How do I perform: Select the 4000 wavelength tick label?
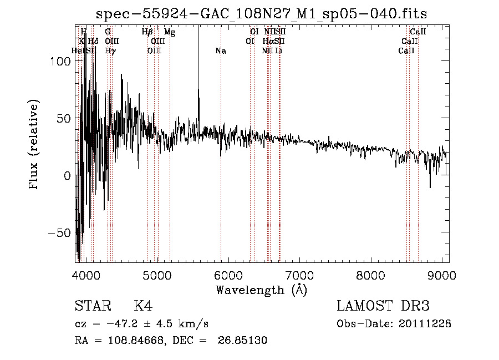(x=86, y=275)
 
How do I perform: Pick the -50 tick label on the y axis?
(x=58, y=232)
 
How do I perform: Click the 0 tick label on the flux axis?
(x=67, y=175)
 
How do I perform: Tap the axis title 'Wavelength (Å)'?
(x=261, y=290)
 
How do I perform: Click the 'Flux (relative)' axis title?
(x=34, y=144)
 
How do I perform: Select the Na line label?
(x=221, y=51)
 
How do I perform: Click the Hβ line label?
(x=147, y=33)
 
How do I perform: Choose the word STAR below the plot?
(x=92, y=306)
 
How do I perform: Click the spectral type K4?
(x=143, y=306)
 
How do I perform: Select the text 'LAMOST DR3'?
(x=383, y=306)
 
